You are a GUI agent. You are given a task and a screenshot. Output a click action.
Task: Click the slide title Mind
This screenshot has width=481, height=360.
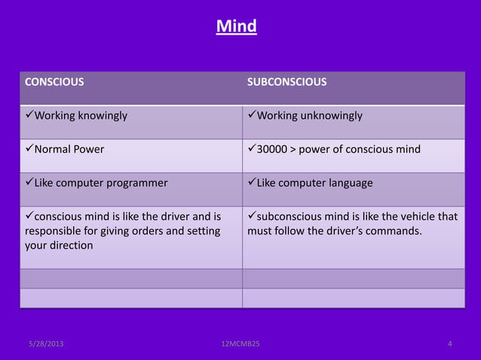[236, 27]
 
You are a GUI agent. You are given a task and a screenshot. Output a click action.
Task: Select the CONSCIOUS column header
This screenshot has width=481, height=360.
[54, 82]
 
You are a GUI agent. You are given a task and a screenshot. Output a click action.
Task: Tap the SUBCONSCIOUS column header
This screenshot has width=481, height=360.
[286, 82]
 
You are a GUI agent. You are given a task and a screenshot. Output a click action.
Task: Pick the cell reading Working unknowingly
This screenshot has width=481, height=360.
[309, 116]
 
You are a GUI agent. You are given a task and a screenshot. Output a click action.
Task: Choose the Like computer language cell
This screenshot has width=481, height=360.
[314, 182]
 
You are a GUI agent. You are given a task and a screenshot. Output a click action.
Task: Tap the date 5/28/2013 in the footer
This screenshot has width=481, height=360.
[46, 344]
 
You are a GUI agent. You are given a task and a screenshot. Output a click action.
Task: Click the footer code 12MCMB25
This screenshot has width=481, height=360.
[238, 344]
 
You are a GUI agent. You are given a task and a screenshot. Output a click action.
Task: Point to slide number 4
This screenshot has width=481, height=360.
[450, 344]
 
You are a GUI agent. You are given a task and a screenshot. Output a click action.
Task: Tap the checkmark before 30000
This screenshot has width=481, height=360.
[252, 149]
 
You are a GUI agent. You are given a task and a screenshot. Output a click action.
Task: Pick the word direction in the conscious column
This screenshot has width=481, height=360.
[69, 245]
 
